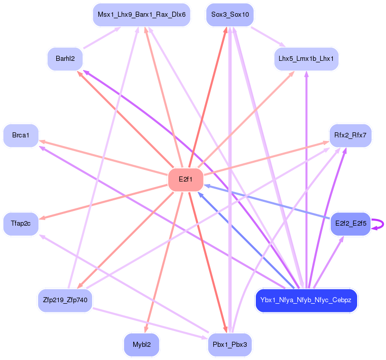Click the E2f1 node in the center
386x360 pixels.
click(x=185, y=179)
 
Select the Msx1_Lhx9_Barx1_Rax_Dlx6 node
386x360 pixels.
click(x=141, y=15)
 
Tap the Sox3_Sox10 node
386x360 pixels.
click(x=230, y=15)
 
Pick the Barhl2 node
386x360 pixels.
click(x=65, y=59)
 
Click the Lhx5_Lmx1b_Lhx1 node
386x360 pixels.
click(x=306, y=59)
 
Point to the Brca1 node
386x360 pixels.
click(x=21, y=135)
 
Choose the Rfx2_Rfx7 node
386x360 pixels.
click(x=351, y=135)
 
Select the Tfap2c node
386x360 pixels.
click(x=21, y=224)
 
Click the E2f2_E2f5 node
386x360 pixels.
click(x=351, y=224)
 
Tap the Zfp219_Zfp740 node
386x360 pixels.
click(x=65, y=300)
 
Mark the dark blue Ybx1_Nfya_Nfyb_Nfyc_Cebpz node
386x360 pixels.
click(x=306, y=300)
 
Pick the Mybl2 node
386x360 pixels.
click(x=141, y=344)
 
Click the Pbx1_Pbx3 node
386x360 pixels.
click(x=230, y=344)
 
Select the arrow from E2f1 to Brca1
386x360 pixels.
click(x=103, y=158)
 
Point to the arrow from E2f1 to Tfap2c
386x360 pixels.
click(x=103, y=202)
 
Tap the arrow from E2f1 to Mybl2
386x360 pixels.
click(x=164, y=262)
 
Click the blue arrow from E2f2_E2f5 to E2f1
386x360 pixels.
click(x=267, y=202)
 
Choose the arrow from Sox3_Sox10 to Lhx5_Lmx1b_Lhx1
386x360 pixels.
click(x=268, y=37)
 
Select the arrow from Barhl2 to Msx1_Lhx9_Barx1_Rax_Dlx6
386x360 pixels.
click(x=102, y=38)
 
